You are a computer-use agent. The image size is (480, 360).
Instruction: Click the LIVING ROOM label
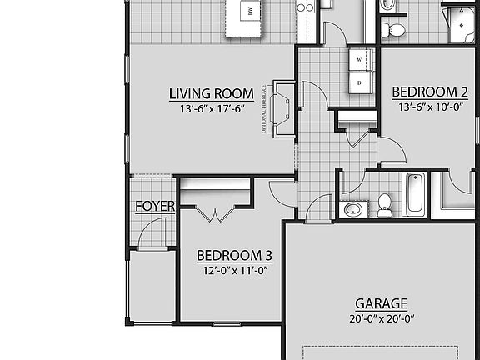click(211, 93)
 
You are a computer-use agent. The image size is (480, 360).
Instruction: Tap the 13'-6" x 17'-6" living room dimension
click(211, 108)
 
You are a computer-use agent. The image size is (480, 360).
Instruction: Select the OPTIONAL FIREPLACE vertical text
click(263, 108)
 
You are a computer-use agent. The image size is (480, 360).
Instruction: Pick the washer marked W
click(359, 60)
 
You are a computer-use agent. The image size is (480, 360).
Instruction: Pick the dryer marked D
click(359, 83)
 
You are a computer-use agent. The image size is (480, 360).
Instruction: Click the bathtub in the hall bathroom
click(414, 193)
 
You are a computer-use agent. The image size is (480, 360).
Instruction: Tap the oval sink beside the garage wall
click(353, 207)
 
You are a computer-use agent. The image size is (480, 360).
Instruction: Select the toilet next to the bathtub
click(384, 204)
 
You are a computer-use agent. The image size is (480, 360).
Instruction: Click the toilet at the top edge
click(393, 30)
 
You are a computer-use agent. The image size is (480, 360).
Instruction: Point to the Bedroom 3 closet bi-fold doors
click(215, 214)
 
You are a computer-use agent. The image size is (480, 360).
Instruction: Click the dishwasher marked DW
click(250, 11)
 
